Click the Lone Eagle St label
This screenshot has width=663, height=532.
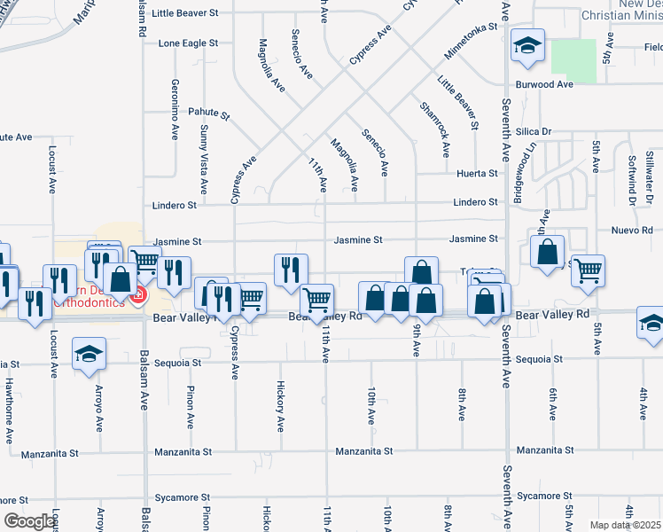point(188,43)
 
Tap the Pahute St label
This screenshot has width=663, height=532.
point(208,114)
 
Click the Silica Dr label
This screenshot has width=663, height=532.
point(533,131)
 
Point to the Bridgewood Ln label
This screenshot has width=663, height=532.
point(531,170)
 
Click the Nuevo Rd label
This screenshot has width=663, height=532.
point(631,230)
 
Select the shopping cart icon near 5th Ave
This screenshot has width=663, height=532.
point(588,270)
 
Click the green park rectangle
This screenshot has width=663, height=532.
point(573,57)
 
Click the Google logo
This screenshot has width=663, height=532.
point(28,521)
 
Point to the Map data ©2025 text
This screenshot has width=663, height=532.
point(625,525)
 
